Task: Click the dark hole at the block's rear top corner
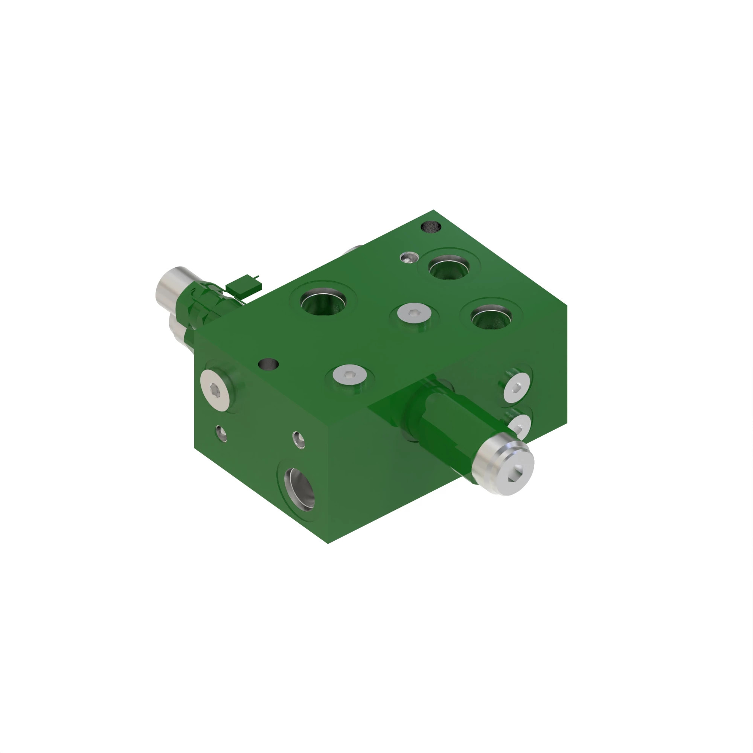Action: [431, 226]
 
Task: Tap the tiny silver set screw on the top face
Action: [409, 257]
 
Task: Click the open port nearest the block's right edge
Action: [491, 316]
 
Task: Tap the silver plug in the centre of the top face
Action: [414, 312]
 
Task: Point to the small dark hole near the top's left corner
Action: [268, 364]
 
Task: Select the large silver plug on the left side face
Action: [215, 389]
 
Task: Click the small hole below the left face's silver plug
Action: [221, 433]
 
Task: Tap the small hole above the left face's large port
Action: [299, 440]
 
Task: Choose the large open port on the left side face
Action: [300, 489]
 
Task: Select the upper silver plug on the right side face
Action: [517, 387]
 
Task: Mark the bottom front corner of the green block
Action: [328, 543]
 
